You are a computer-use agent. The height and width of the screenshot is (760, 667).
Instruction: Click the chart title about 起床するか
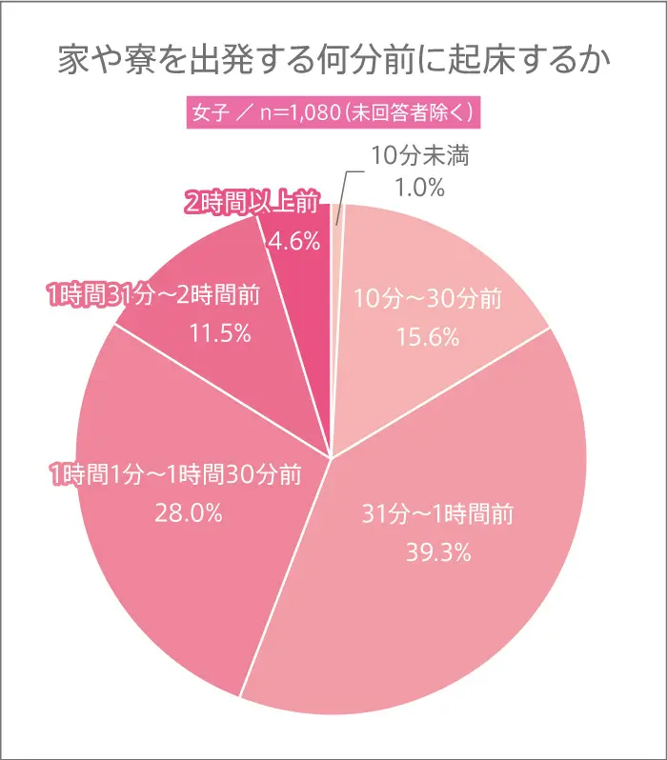tap(333, 60)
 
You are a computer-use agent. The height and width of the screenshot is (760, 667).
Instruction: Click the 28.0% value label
tap(188, 513)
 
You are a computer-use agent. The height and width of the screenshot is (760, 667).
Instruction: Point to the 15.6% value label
tap(427, 337)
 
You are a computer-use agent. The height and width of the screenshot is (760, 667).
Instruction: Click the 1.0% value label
tap(419, 188)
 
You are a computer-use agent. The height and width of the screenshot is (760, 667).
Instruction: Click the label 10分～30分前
tap(427, 298)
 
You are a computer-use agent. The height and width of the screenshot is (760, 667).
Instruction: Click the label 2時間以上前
tap(250, 202)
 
